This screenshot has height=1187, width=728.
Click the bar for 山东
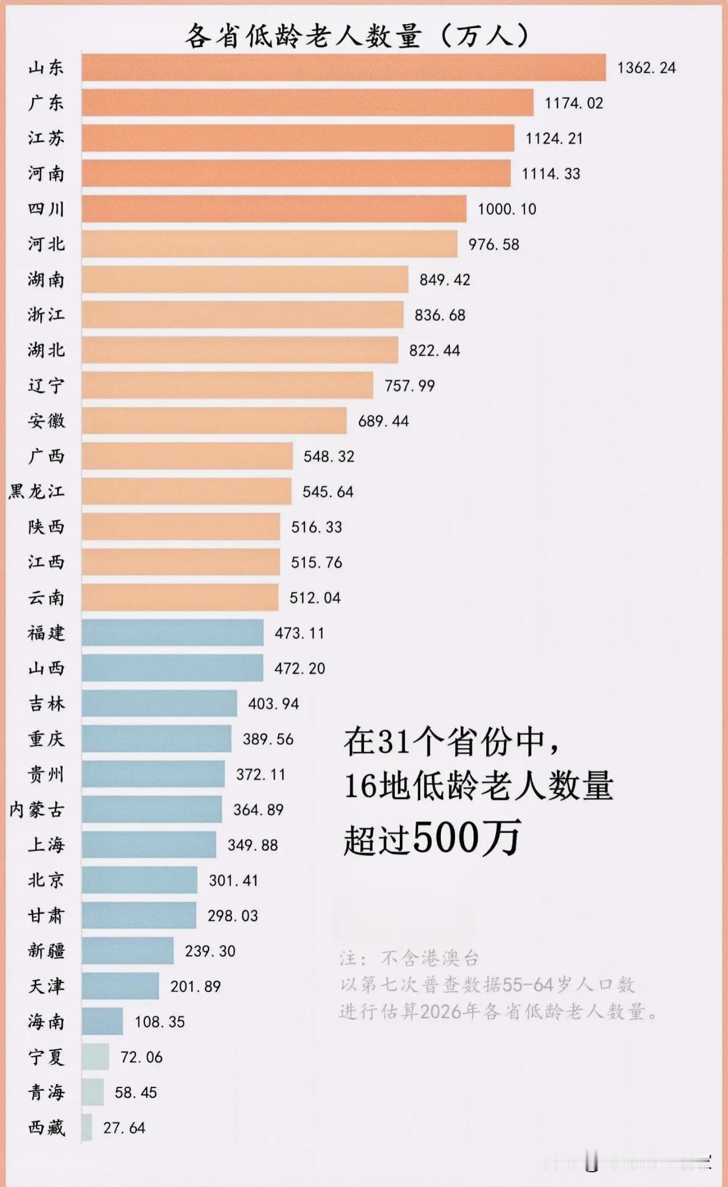coord(344,68)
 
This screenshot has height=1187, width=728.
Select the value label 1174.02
coord(573,103)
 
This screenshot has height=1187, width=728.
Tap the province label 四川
coord(46,209)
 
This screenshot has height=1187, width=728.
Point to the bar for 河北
coord(269,244)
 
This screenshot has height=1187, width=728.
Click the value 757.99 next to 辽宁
coord(409,386)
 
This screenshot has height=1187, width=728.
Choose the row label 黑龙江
coord(36,492)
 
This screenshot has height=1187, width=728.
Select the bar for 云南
coord(180,597)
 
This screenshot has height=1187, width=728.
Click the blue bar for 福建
coord(172,633)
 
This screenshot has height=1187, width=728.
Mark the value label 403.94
coord(273,704)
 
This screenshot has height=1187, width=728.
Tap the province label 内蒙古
coord(36,810)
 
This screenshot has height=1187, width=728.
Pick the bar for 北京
coord(139,880)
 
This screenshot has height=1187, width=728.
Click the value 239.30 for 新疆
coord(210,951)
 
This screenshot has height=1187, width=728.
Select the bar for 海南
coord(102,1022)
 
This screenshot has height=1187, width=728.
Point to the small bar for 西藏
coord(86,1127)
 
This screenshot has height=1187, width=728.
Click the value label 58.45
coord(135,1093)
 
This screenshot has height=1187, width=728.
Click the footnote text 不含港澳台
coord(429,959)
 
